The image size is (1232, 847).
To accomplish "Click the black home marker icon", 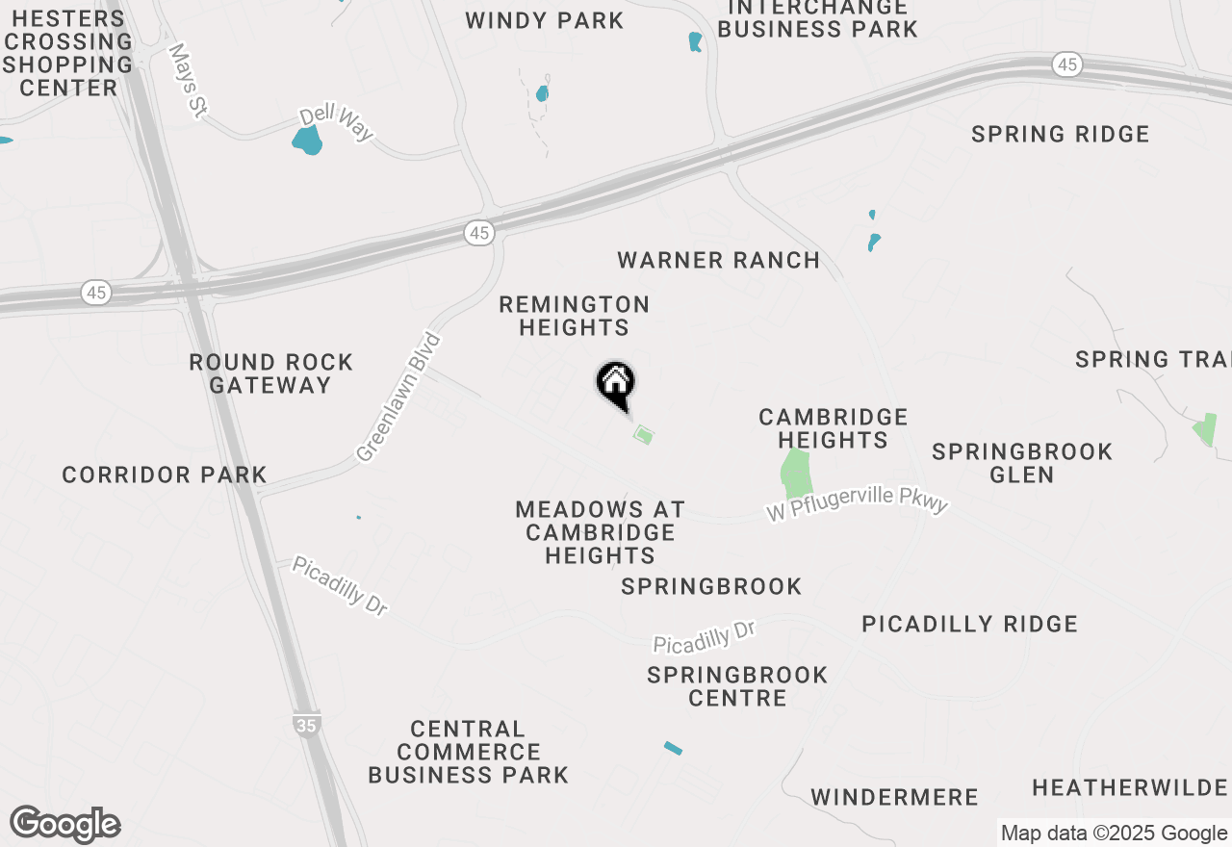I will pyautogui.click(x=615, y=384).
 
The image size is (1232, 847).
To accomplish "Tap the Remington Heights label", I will pyautogui.click(x=574, y=316).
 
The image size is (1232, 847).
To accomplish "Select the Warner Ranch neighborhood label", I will pyautogui.click(x=718, y=260).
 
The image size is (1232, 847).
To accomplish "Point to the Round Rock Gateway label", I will pyautogui.click(x=270, y=373).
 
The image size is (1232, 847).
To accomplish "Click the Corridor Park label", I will pyautogui.click(x=165, y=475).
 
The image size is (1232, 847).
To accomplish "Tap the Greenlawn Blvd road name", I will pyautogui.click(x=398, y=398).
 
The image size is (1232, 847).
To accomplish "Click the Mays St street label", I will pyautogui.click(x=187, y=80).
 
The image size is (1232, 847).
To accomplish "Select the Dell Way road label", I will pyautogui.click(x=336, y=122).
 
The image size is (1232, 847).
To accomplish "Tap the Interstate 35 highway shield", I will pyautogui.click(x=306, y=726).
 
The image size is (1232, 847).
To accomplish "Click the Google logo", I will pyautogui.click(x=64, y=825).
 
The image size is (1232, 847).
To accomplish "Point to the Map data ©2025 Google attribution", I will pyautogui.click(x=1114, y=834).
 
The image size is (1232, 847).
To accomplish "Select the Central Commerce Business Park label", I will pyautogui.click(x=468, y=752).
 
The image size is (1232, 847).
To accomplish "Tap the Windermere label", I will pyautogui.click(x=894, y=797).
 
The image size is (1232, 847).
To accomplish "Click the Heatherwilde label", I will pyautogui.click(x=1131, y=788).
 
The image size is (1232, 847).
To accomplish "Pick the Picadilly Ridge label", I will pyautogui.click(x=969, y=624).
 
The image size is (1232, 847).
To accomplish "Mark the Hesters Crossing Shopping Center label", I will pyautogui.click(x=67, y=53).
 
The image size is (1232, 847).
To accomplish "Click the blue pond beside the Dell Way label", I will pyautogui.click(x=306, y=141).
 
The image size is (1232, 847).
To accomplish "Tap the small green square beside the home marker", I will pyautogui.click(x=644, y=435).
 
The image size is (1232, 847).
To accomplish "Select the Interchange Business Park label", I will pyautogui.click(x=817, y=19).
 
